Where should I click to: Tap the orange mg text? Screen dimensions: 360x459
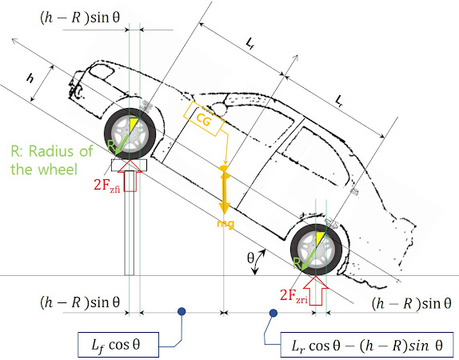click(225, 225)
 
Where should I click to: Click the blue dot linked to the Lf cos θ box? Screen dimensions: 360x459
click(183, 311)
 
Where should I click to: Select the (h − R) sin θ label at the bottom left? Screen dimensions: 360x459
click(80, 303)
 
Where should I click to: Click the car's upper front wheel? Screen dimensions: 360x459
click(130, 130)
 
